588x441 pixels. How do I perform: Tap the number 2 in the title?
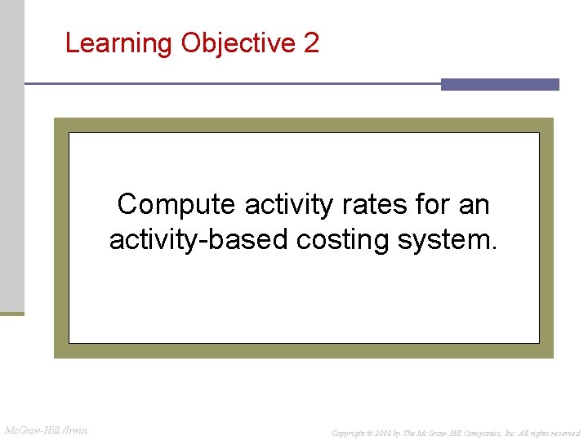(x=311, y=42)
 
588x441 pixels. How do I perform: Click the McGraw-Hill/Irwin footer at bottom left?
(x=47, y=430)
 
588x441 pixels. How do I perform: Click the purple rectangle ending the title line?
(x=500, y=84)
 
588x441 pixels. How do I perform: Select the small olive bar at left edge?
(x=12, y=313)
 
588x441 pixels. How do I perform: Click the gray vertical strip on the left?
(x=12, y=155)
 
